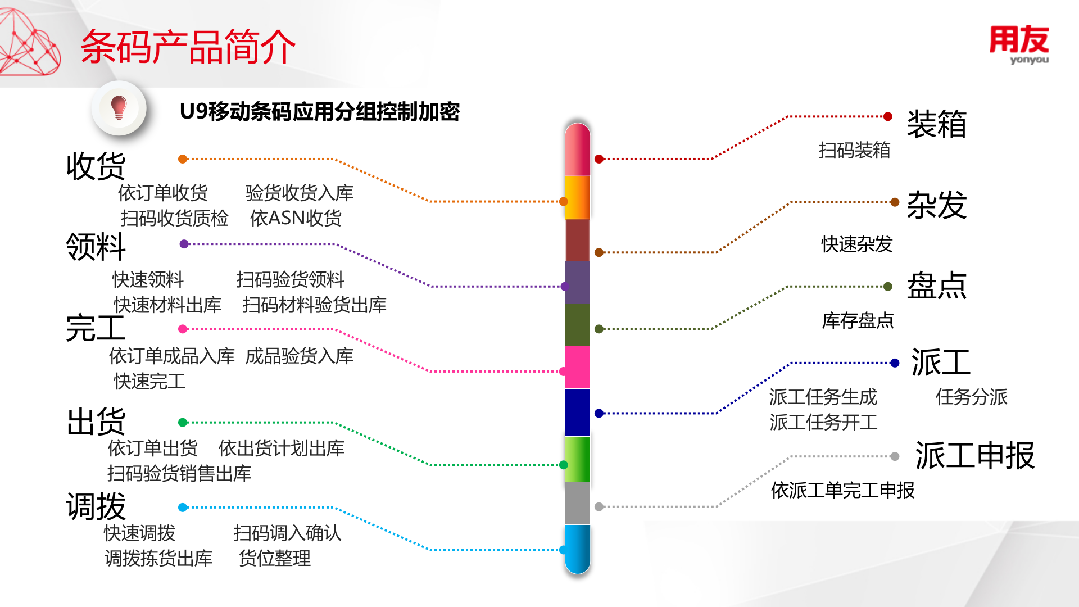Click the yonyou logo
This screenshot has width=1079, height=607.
click(x=1019, y=45)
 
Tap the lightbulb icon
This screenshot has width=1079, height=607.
click(x=119, y=107)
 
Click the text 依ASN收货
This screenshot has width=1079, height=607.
click(x=296, y=218)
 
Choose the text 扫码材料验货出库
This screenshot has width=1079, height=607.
click(x=314, y=305)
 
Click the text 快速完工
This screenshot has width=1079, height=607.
click(x=149, y=381)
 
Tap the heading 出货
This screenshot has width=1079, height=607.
click(x=96, y=422)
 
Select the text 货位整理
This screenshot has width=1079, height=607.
click(x=274, y=558)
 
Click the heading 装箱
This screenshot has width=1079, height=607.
click(x=936, y=124)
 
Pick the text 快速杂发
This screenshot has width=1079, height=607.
click(x=856, y=244)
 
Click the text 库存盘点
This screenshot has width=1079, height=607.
click(x=858, y=320)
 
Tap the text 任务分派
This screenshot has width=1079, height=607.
click(x=971, y=397)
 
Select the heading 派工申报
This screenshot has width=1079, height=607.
click(x=974, y=455)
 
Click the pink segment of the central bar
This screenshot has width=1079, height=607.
click(x=577, y=367)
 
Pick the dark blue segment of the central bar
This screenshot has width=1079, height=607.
click(x=577, y=413)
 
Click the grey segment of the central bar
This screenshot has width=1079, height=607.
click(x=577, y=503)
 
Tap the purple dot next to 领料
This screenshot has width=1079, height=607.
click(x=184, y=244)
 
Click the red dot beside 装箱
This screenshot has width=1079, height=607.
click(x=888, y=117)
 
